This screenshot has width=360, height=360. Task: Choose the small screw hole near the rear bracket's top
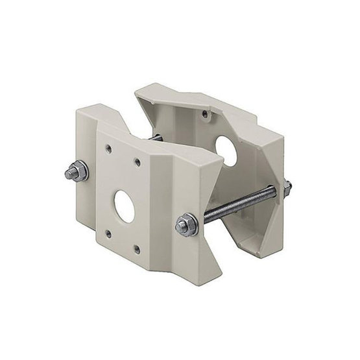click(x=206, y=115)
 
